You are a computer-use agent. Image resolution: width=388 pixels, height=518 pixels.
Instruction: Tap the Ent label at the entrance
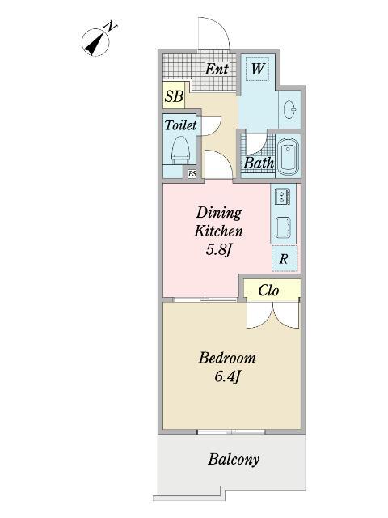click(x=217, y=69)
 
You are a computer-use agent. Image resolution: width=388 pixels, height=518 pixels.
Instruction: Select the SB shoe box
click(x=174, y=96)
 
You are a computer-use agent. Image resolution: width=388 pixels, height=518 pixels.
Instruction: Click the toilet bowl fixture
click(x=180, y=151)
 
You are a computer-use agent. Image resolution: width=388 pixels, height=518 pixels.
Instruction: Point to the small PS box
click(x=192, y=174)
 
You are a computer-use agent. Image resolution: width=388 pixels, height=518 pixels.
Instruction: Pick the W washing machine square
click(x=258, y=68)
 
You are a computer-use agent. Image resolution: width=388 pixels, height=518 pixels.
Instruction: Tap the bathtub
click(x=288, y=156)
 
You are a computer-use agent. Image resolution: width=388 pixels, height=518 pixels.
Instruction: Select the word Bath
click(x=259, y=163)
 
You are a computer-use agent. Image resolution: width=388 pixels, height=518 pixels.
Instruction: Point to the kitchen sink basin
click(x=283, y=227)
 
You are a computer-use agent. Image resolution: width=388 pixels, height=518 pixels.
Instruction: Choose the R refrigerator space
click(x=285, y=258)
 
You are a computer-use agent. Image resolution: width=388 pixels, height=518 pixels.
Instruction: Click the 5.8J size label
click(x=217, y=249)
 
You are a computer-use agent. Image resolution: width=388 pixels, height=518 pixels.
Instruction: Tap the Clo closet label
click(x=268, y=291)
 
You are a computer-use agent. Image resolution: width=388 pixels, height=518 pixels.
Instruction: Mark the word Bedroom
click(x=227, y=358)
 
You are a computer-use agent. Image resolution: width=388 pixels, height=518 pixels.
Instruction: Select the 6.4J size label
click(x=227, y=376)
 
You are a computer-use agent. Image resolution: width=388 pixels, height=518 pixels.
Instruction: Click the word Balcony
click(x=234, y=459)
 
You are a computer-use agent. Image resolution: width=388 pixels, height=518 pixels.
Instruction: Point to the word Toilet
click(x=180, y=125)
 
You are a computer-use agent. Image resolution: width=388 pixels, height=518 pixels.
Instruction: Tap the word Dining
click(x=219, y=213)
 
